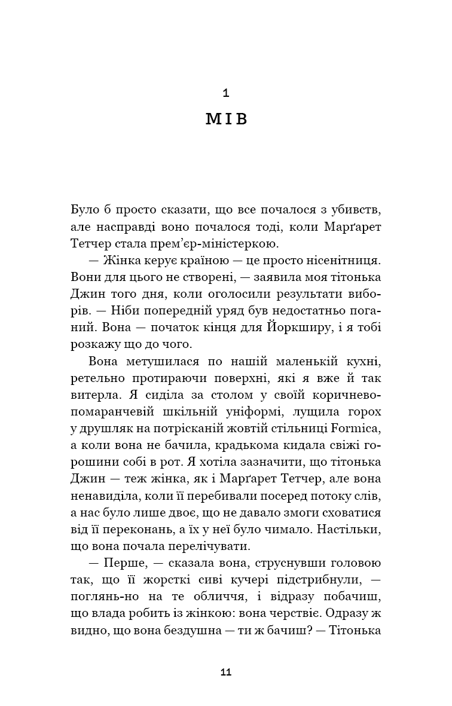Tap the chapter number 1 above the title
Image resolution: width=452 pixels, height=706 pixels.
tap(225, 93)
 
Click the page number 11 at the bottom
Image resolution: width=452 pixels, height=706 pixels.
tap(225, 672)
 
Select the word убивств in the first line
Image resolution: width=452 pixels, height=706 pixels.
tap(357, 210)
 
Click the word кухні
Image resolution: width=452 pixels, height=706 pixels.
tap(364, 362)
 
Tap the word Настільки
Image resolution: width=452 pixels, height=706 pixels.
tap(352, 530)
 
